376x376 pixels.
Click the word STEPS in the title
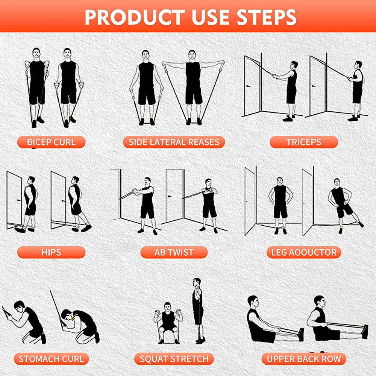[x=267, y=17]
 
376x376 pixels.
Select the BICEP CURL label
[x=51, y=142]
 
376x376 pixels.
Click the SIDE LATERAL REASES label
[x=174, y=142]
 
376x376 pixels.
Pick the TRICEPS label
[x=304, y=142]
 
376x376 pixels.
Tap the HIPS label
[x=51, y=252]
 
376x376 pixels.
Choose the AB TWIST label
[x=174, y=252]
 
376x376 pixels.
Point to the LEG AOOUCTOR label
[x=304, y=252]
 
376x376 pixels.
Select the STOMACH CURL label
[x=51, y=359]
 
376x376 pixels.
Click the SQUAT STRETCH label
[x=174, y=359]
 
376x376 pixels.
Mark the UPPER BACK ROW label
[x=304, y=359]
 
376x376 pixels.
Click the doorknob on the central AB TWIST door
[x=170, y=196]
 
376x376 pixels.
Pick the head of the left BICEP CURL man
[x=36, y=53]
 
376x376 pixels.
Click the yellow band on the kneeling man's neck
[x=74, y=317]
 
